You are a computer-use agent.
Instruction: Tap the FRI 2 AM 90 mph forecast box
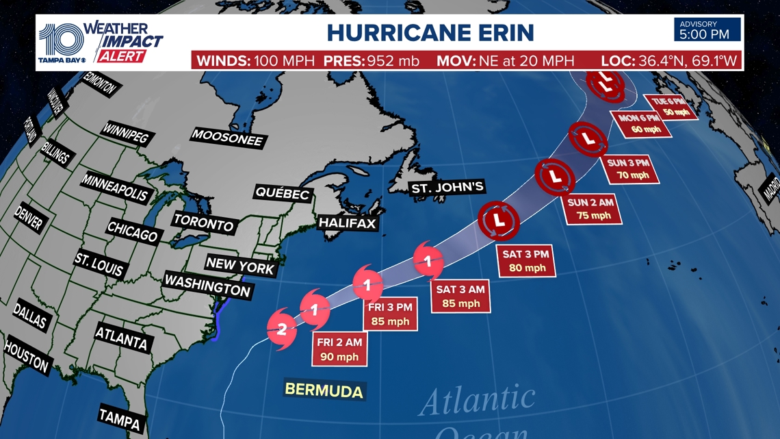point(339,348)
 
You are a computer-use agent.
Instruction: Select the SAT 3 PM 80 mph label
point(525,261)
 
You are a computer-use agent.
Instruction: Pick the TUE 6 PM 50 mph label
point(672,106)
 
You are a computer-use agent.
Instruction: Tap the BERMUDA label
point(324,390)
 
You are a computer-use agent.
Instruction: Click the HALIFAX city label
point(348,223)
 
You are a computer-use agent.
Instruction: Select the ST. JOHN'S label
point(447,187)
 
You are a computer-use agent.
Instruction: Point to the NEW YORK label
point(239,266)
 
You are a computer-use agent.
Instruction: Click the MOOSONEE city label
point(227,137)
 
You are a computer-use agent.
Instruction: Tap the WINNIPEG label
point(125,133)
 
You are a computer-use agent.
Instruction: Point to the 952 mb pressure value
point(394,60)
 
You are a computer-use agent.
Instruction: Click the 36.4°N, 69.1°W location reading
point(688,60)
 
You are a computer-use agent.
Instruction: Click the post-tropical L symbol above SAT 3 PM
point(499,221)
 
